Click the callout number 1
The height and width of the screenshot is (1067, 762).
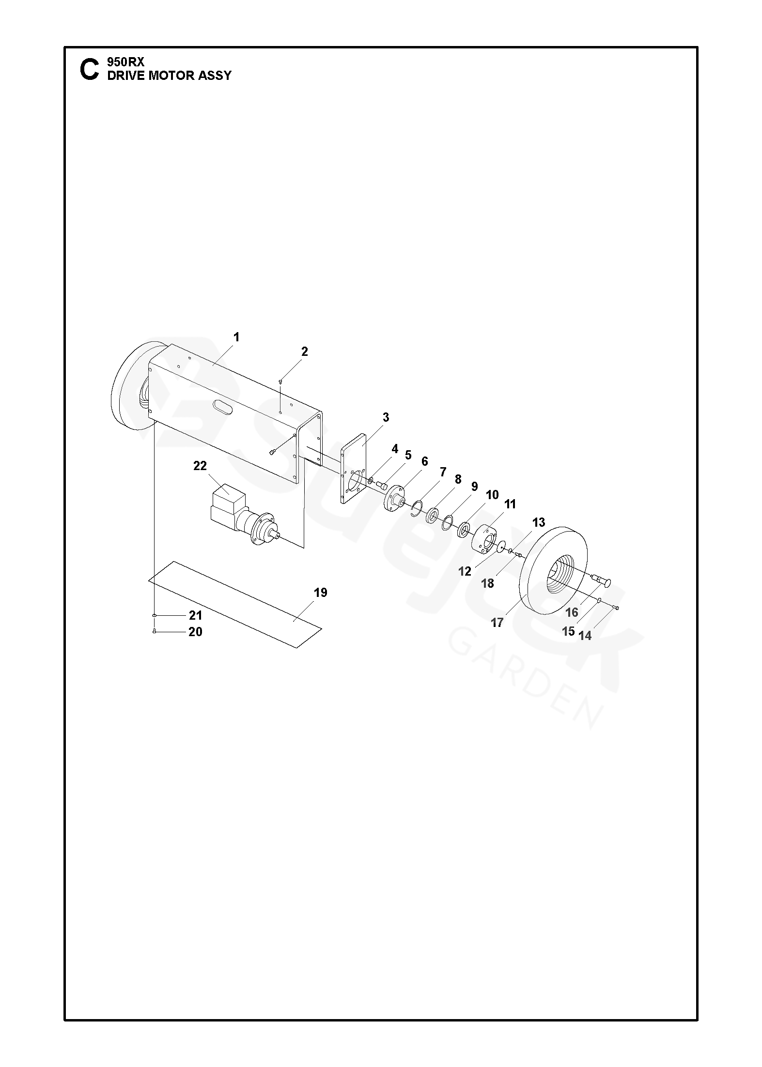tap(236, 337)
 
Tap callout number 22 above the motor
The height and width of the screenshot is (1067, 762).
tap(200, 466)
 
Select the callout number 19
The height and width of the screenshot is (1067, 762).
tap(321, 593)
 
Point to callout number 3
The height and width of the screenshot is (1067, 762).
tap(386, 417)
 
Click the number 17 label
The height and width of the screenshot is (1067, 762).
tap(498, 623)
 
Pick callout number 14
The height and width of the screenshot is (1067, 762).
tap(585, 636)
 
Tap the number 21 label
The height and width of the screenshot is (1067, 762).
tap(195, 615)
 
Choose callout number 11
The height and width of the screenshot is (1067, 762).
tap(510, 504)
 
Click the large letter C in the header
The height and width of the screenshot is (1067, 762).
tap(89, 70)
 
